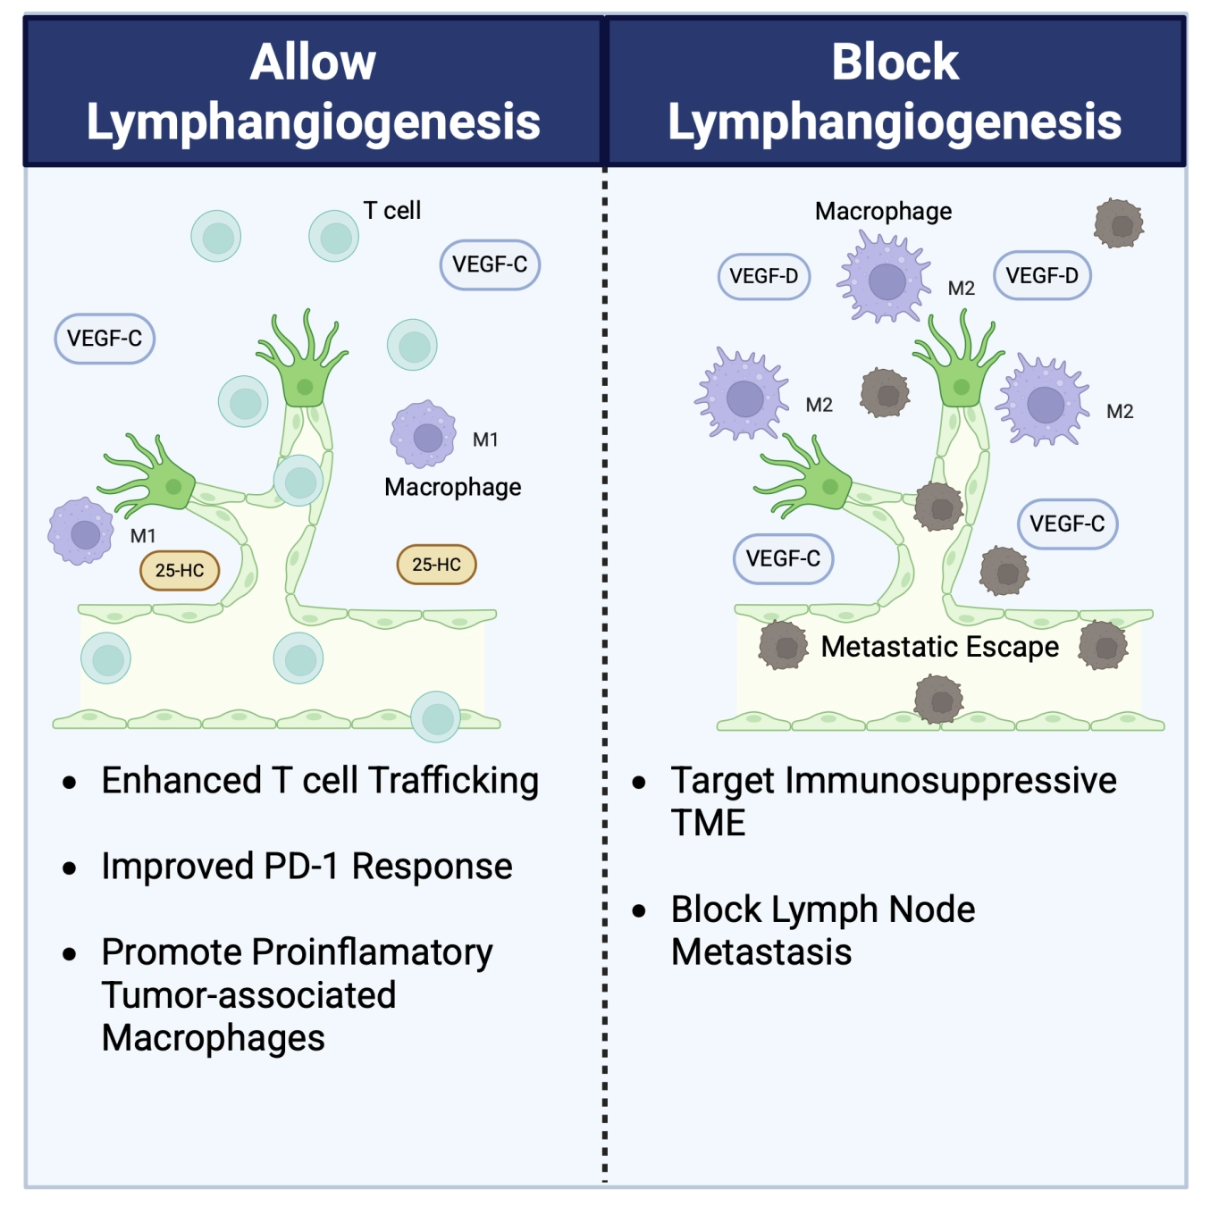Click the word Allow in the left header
(313, 63)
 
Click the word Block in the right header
(895, 63)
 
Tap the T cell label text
(391, 210)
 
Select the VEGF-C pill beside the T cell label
(490, 264)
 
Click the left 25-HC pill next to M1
(180, 570)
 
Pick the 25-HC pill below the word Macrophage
(436, 564)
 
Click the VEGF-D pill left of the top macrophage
(763, 276)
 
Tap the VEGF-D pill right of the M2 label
(1042, 275)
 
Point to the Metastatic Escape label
(940, 647)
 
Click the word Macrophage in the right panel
(883, 212)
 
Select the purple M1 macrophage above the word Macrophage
(424, 434)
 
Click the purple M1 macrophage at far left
(80, 532)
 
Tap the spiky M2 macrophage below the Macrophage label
(884, 278)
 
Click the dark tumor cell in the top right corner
(1119, 222)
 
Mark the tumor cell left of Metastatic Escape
(783, 646)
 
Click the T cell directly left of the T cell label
(333, 236)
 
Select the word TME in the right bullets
(708, 823)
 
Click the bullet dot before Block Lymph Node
(639, 910)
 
